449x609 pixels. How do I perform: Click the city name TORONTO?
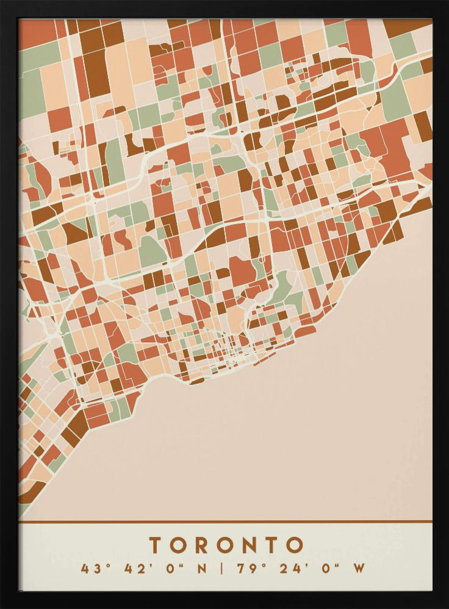(x=226, y=544)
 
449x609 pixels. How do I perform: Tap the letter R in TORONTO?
(x=203, y=544)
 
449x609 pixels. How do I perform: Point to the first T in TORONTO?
(x=156, y=544)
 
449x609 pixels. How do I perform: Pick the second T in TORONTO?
(x=271, y=544)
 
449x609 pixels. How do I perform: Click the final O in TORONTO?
(x=295, y=544)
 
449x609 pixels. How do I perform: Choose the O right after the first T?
(x=179, y=544)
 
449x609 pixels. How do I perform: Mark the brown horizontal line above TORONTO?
(x=226, y=521)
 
